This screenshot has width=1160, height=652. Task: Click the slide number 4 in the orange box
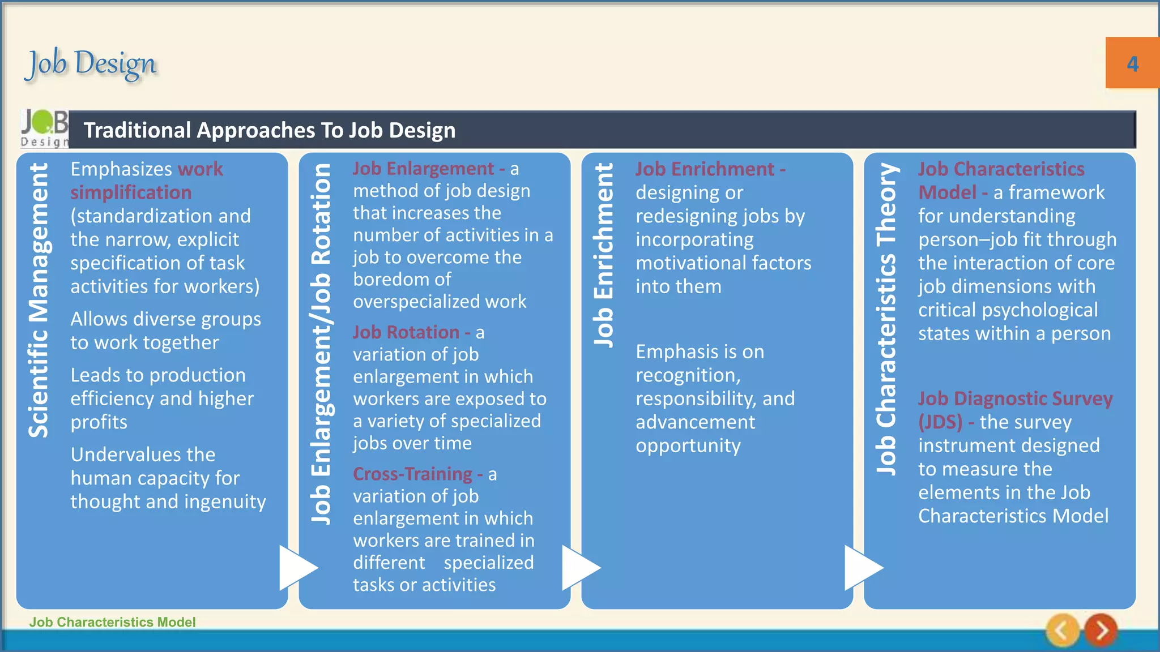[1132, 63]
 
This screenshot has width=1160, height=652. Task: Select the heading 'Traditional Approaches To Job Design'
[270, 130]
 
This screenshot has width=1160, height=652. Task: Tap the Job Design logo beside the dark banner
[44, 129]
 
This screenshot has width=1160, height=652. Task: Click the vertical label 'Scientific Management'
[39, 300]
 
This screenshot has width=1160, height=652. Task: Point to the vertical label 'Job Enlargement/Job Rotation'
[321, 344]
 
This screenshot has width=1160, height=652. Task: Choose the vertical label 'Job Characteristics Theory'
[886, 319]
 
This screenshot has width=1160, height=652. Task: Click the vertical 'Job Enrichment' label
[604, 255]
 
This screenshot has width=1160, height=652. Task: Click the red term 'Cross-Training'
[412, 474]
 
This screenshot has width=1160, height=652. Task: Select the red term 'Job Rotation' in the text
[406, 332]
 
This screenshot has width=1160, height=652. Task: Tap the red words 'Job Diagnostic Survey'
[1015, 398]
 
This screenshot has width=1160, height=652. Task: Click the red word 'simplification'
[131, 192]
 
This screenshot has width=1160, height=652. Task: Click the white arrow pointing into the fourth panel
[863, 567]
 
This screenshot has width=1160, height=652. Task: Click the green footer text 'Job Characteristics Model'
[112, 622]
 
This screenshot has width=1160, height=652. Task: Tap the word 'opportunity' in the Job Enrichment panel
[688, 446]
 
